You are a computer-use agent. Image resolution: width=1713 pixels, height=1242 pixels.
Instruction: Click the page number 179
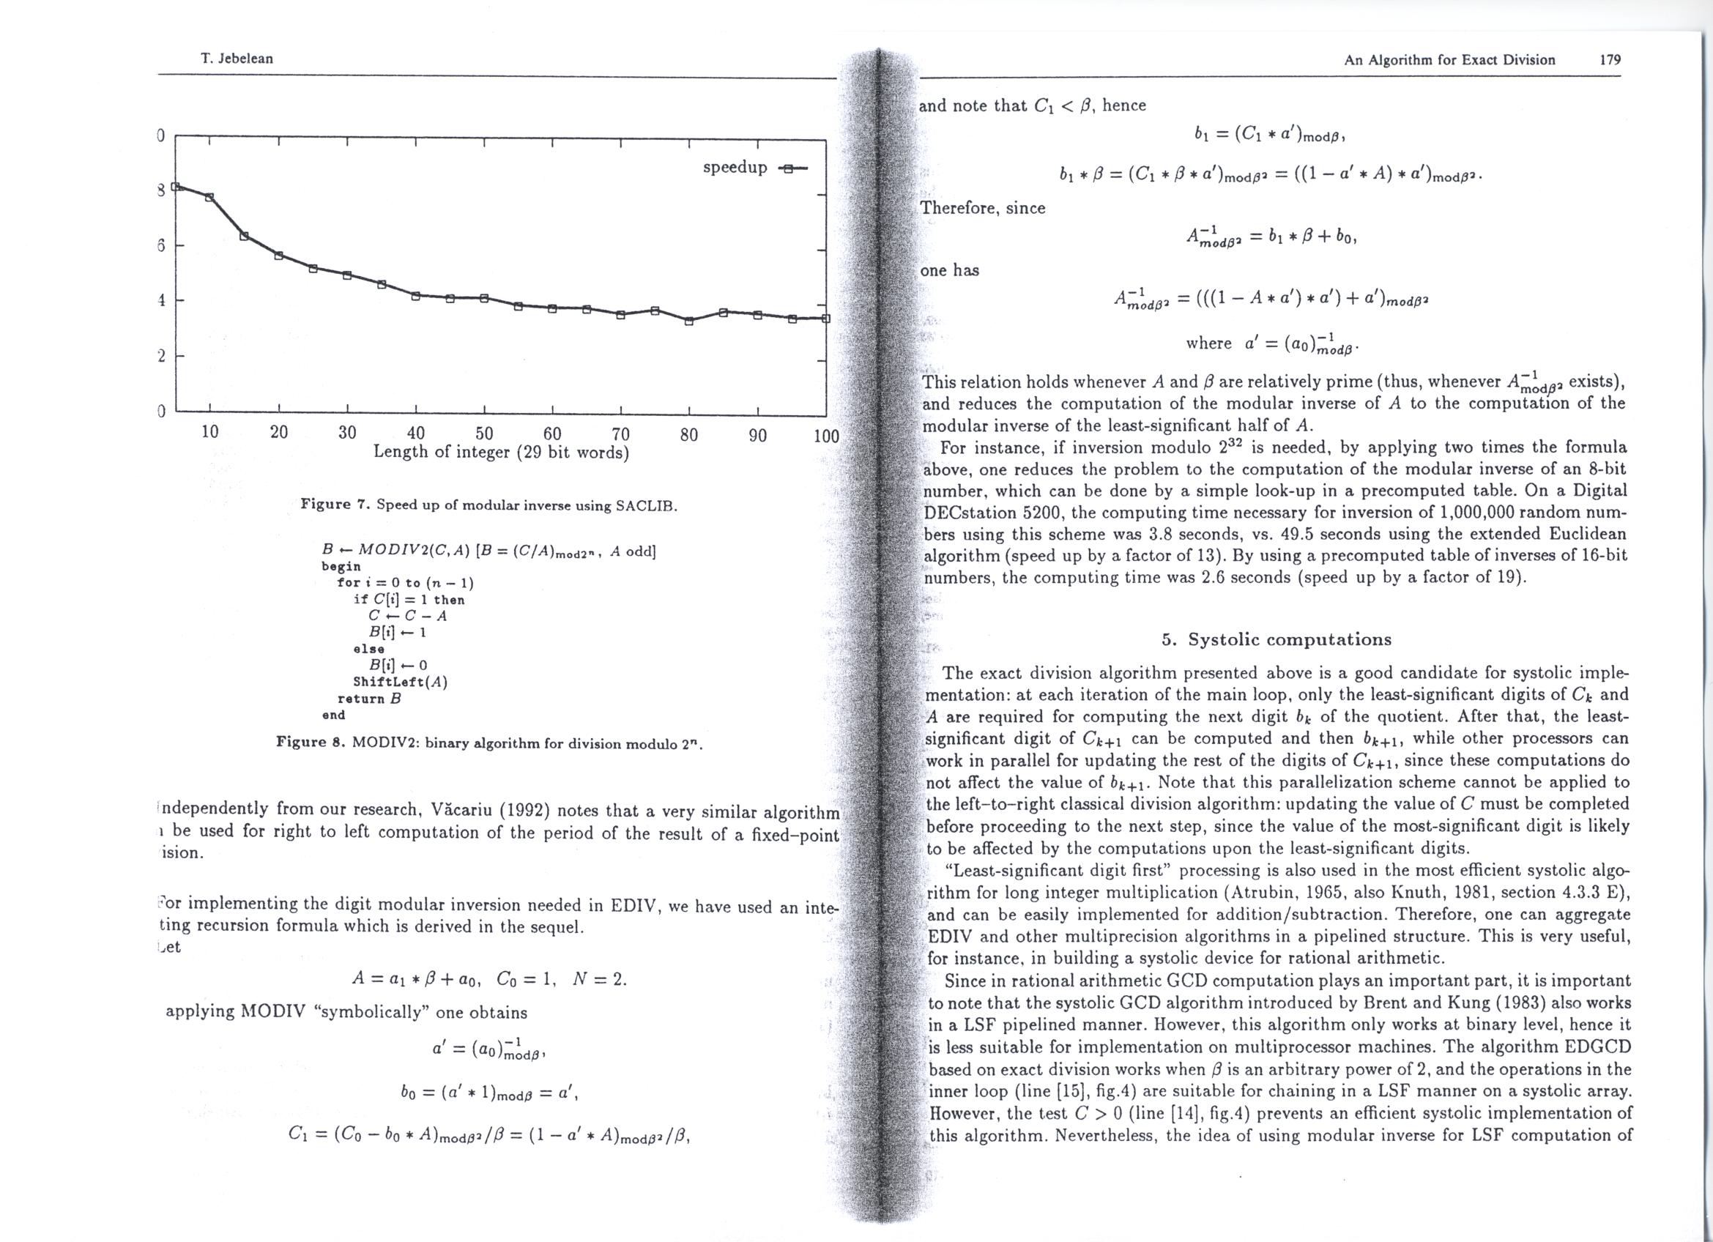click(1610, 59)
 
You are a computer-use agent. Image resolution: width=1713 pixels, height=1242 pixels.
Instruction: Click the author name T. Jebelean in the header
click(237, 59)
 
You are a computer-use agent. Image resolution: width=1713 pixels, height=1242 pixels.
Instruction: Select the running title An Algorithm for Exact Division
click(1449, 59)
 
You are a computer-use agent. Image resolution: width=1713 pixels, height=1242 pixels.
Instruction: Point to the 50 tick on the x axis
click(484, 433)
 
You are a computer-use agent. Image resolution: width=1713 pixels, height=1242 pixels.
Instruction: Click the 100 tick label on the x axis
click(826, 436)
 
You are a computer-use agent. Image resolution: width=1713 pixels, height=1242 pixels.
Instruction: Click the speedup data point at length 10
click(210, 197)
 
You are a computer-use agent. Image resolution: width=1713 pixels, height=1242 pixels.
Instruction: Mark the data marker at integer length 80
click(689, 321)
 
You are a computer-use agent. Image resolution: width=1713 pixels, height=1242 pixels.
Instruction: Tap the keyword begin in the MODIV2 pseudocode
click(341, 565)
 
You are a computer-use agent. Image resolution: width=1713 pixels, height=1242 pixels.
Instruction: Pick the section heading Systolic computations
click(1276, 639)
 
